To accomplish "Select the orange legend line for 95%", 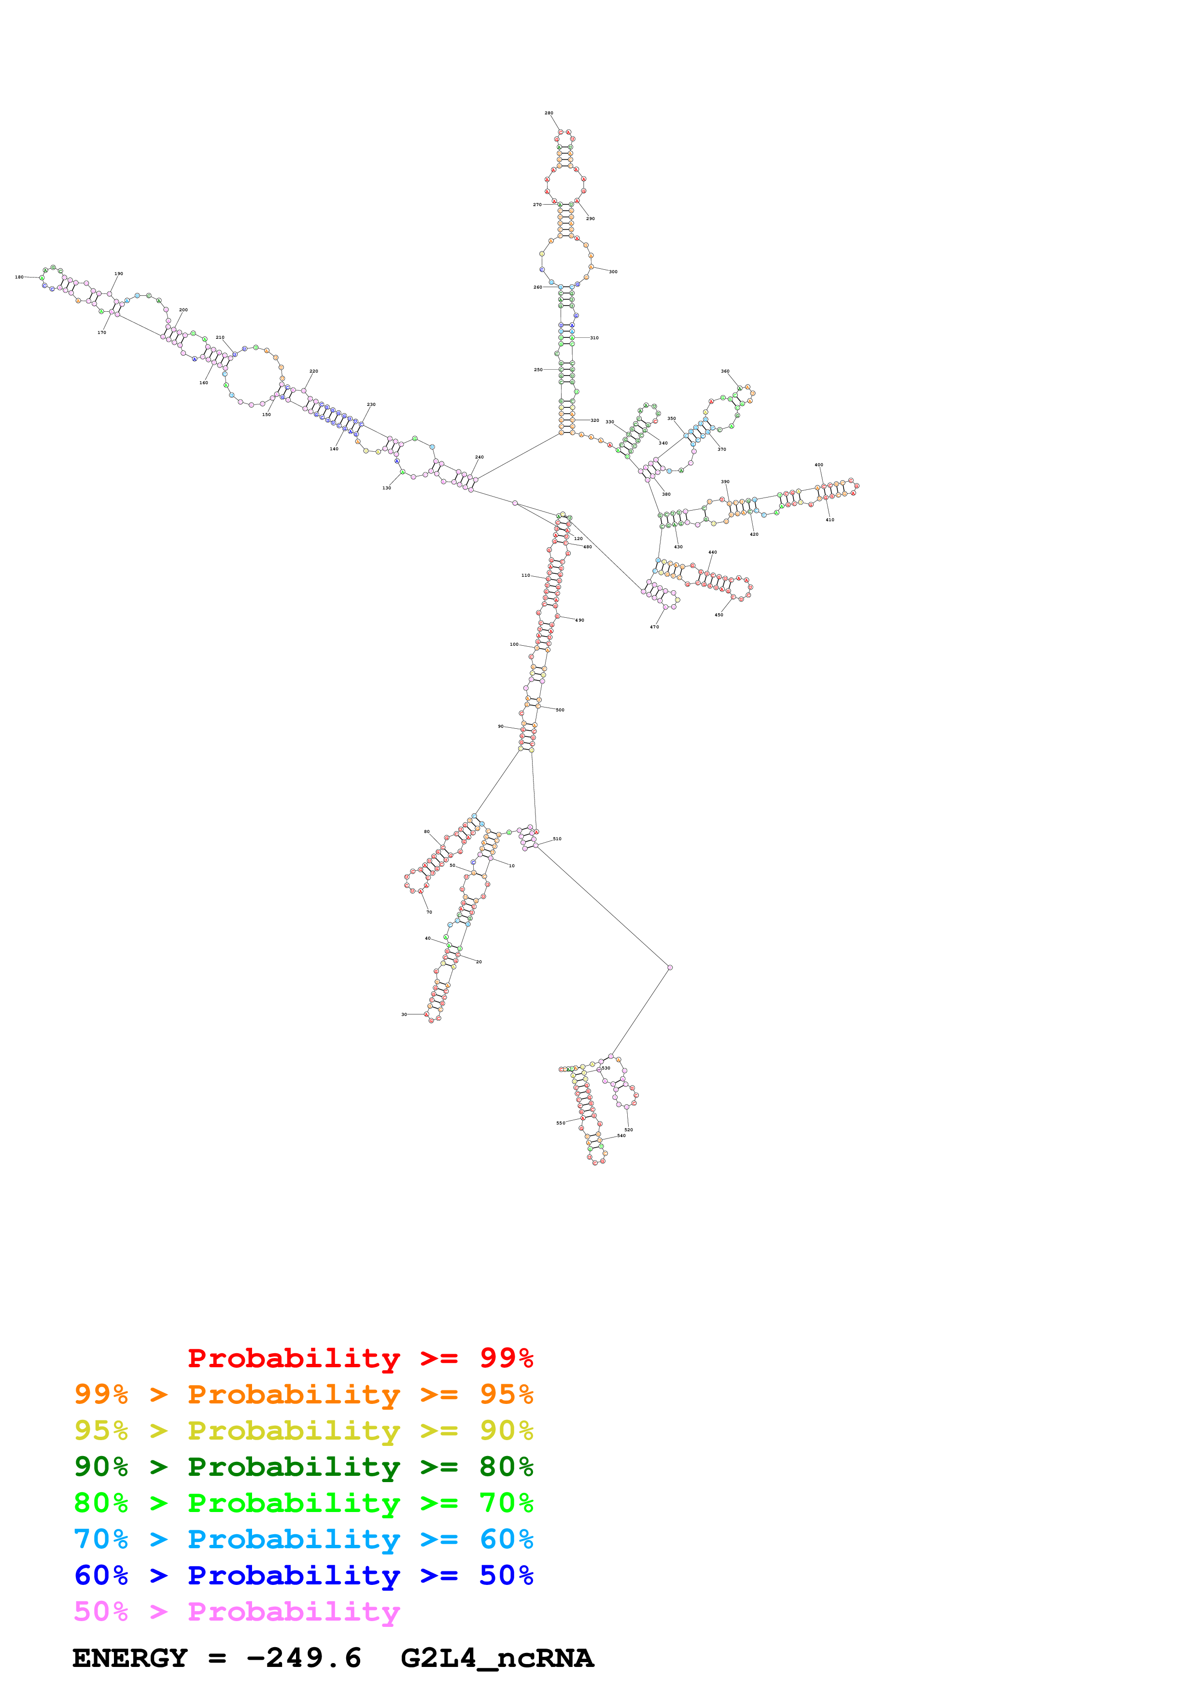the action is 303,1394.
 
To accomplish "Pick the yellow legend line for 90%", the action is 303,1430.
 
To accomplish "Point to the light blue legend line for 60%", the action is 303,1539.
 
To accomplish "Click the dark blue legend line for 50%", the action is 303,1575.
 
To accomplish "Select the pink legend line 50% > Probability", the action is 237,1611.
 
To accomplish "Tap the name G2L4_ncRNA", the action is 496,1658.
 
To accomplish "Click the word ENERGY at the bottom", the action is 130,1658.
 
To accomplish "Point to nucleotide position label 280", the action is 549,113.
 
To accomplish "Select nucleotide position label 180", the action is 19,277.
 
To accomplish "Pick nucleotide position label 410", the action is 830,520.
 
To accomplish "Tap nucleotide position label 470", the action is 654,627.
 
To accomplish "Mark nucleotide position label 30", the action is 404,1014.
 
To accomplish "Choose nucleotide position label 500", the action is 560,710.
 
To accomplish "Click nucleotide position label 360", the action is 725,372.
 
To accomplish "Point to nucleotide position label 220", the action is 313,372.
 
